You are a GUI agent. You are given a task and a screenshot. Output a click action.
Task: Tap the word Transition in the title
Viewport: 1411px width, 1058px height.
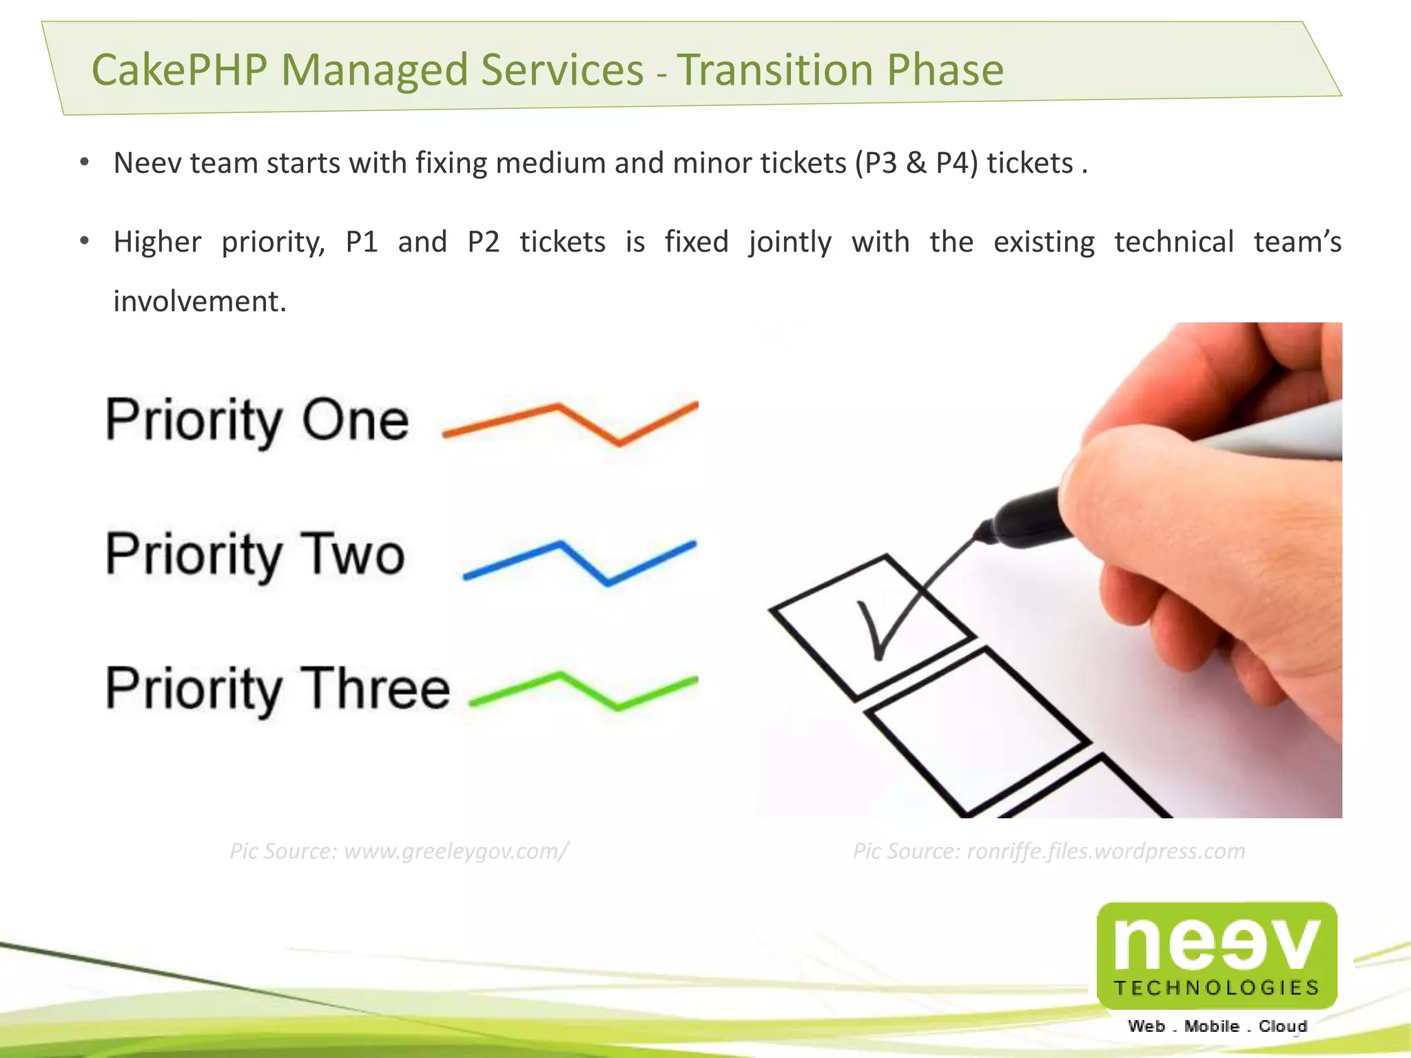[x=774, y=70]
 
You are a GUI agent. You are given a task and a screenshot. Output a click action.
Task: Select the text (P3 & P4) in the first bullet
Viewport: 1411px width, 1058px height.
[x=916, y=164]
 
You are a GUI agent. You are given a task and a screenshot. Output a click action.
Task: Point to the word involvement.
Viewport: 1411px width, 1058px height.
[x=200, y=302]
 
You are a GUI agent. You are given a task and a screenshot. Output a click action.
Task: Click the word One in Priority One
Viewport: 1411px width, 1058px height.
[x=355, y=420]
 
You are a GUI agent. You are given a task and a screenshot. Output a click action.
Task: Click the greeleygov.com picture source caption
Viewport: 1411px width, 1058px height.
[x=399, y=851]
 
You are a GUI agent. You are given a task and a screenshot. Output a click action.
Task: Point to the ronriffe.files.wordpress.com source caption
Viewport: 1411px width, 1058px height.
[x=1049, y=851]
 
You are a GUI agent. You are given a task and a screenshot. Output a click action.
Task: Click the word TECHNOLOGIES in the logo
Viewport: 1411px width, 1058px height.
[x=1217, y=988]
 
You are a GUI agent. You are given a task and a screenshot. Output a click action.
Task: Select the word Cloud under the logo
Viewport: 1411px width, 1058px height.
[x=1282, y=1026]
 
